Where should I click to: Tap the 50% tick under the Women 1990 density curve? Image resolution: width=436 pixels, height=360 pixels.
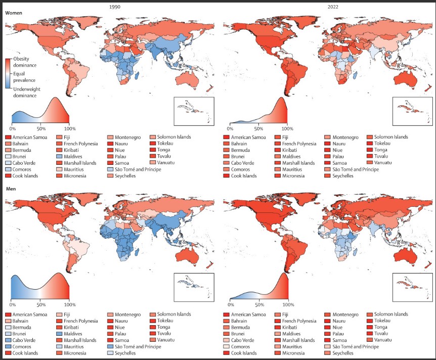click(x=40, y=128)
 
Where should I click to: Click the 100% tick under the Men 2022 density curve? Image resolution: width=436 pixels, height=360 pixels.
click(x=288, y=305)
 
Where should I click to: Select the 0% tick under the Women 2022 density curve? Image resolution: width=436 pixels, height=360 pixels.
click(x=230, y=128)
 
